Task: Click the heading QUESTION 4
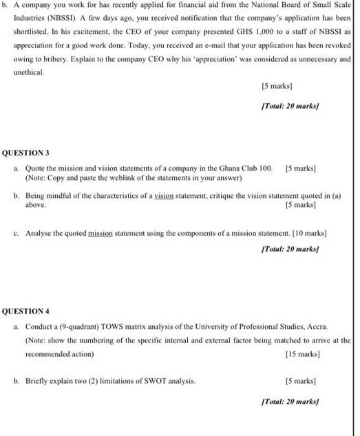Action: [26, 312]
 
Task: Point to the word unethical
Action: [28, 72]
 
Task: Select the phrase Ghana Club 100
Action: [245, 168]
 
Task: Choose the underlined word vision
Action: [165, 196]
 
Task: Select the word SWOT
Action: [143, 380]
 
